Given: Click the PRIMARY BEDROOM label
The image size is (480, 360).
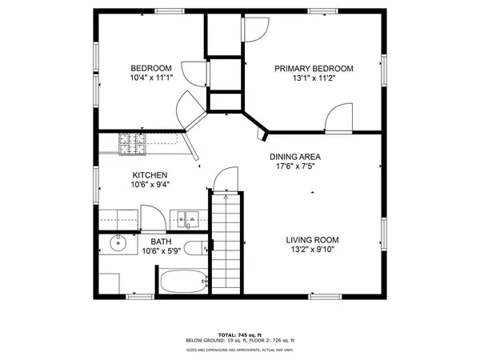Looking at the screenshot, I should (x=314, y=69).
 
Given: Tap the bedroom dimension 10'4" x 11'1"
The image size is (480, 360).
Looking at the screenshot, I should (x=151, y=78).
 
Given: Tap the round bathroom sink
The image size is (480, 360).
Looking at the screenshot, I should (x=118, y=244).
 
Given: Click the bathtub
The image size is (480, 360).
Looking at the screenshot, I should (x=184, y=282).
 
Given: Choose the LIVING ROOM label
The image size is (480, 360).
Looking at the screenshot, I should (x=313, y=239).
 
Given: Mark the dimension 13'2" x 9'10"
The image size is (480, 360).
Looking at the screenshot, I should (x=313, y=250).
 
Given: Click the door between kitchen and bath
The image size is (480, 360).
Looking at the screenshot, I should (x=152, y=218).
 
